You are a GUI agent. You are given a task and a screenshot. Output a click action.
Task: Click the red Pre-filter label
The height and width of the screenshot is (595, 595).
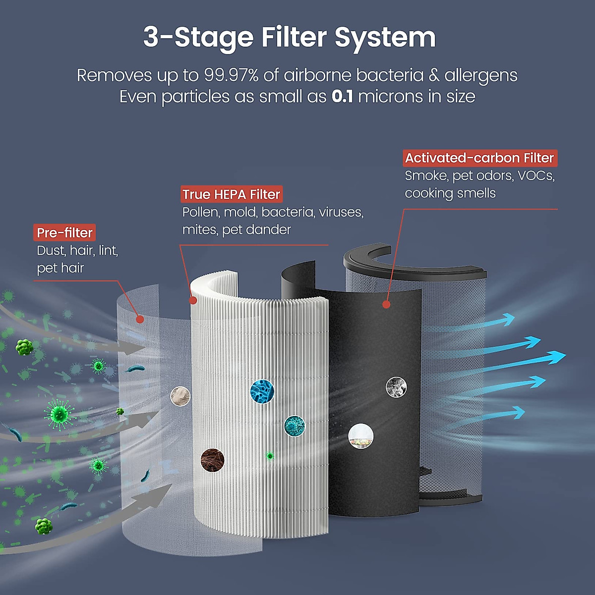coord(64,233)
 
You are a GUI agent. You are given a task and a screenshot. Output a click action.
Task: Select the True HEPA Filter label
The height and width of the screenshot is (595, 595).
coord(231,194)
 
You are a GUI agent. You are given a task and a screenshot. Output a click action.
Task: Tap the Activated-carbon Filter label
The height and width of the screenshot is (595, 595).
coord(479,158)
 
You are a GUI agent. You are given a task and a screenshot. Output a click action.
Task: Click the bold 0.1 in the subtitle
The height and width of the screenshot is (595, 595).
coord(342,96)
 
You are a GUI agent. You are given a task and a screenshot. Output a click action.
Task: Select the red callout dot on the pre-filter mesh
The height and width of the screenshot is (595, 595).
coord(140,319)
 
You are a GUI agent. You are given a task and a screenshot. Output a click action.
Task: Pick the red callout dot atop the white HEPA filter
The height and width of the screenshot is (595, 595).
coord(193,300)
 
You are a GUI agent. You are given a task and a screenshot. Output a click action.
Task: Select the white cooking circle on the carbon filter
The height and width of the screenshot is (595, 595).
coord(360,436)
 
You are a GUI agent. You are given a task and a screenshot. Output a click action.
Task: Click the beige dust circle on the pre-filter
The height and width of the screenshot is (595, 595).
coord(180,396)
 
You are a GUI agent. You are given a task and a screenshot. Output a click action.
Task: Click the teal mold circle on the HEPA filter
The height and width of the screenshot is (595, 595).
coord(295,426)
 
